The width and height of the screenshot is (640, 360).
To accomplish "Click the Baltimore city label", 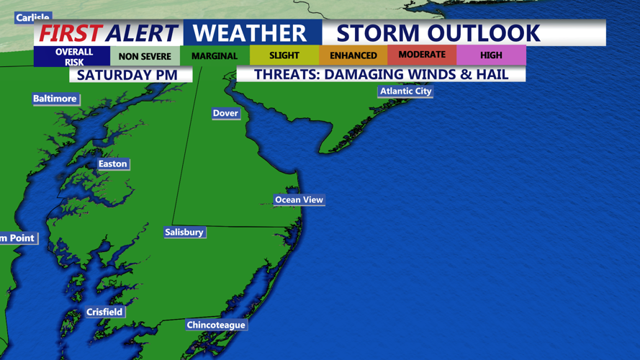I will [x=55, y=99].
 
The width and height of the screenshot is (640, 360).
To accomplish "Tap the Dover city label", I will [x=225, y=113].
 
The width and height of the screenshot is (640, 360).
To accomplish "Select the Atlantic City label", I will [x=406, y=91].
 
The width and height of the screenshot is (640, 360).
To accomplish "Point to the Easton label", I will [x=112, y=164].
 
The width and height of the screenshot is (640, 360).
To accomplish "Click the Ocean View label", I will [x=299, y=199].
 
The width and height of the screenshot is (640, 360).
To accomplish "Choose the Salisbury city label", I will [x=184, y=232].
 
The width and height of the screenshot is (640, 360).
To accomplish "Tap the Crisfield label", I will [x=104, y=312].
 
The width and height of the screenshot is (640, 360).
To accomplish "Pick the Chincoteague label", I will [x=216, y=325].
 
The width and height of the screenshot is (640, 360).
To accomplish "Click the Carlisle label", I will [x=32, y=17].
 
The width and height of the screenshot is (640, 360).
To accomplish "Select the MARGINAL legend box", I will [x=215, y=56].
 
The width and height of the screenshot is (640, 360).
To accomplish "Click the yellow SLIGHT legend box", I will [x=284, y=55].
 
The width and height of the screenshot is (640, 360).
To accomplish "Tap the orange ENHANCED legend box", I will [x=353, y=55].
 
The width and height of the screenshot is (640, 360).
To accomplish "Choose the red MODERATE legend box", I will [x=422, y=55].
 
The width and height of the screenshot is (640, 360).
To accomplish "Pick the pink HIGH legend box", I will [x=491, y=55].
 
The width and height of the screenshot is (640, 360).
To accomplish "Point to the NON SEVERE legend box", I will [x=145, y=56].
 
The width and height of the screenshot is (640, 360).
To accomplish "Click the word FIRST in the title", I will [x=71, y=33].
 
